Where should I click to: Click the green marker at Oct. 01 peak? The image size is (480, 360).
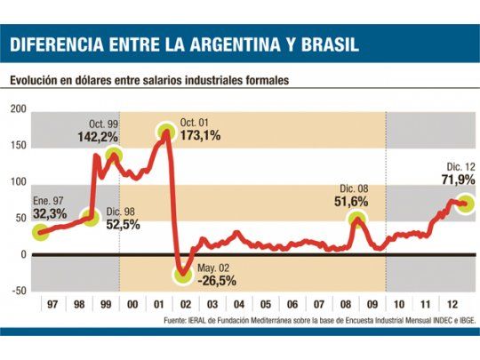tap(167, 132)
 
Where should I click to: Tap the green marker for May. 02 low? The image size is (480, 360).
tap(184, 275)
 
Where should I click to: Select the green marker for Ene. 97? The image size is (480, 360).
tap(40, 232)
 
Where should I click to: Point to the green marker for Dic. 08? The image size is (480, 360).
tap(357, 220)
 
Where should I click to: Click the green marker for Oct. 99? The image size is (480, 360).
tap(114, 156)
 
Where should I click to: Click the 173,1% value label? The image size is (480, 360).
tap(199, 136)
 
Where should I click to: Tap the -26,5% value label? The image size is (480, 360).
tap(217, 280)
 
